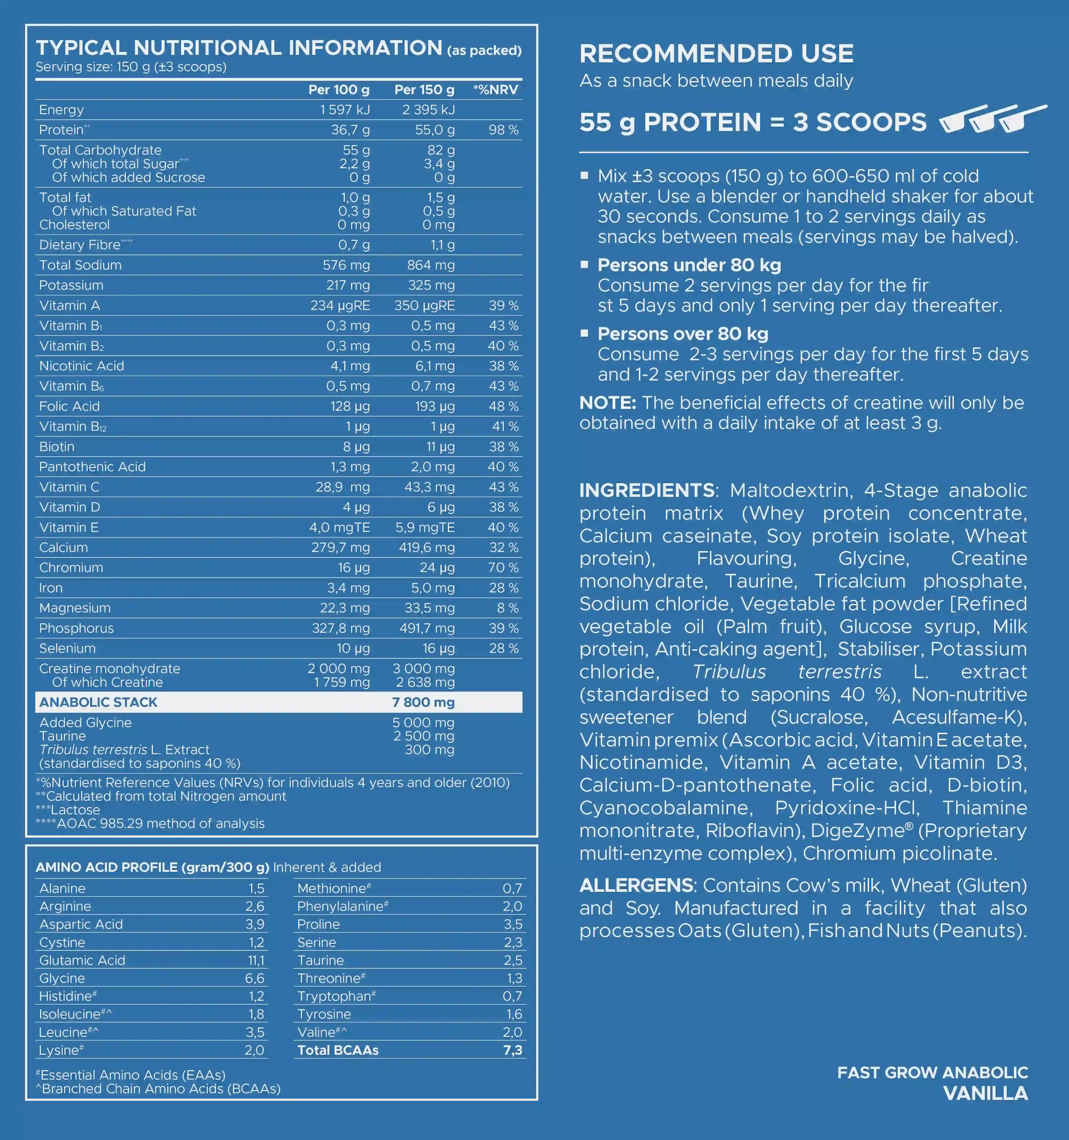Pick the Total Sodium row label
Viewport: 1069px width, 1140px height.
[x=80, y=265]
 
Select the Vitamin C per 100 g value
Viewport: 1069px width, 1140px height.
[x=342, y=487]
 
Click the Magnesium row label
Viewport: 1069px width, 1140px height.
[x=75, y=608]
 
